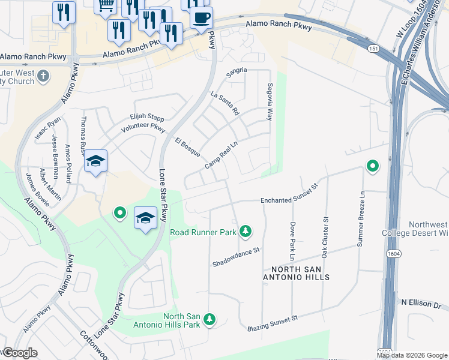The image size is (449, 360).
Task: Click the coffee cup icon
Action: [x=201, y=16]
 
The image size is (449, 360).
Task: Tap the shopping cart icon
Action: [x=106, y=5]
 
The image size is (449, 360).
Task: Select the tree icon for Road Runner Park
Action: [x=245, y=231]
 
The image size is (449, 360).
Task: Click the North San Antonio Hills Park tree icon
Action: [x=209, y=320]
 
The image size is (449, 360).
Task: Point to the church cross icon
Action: [x=43, y=76]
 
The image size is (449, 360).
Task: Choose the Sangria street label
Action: [x=236, y=71]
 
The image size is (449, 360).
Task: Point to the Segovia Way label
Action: [x=270, y=101]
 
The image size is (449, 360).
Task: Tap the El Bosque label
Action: [x=187, y=148]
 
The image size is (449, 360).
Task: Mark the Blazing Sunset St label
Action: [x=273, y=325]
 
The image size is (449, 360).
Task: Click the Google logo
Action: [x=19, y=353]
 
